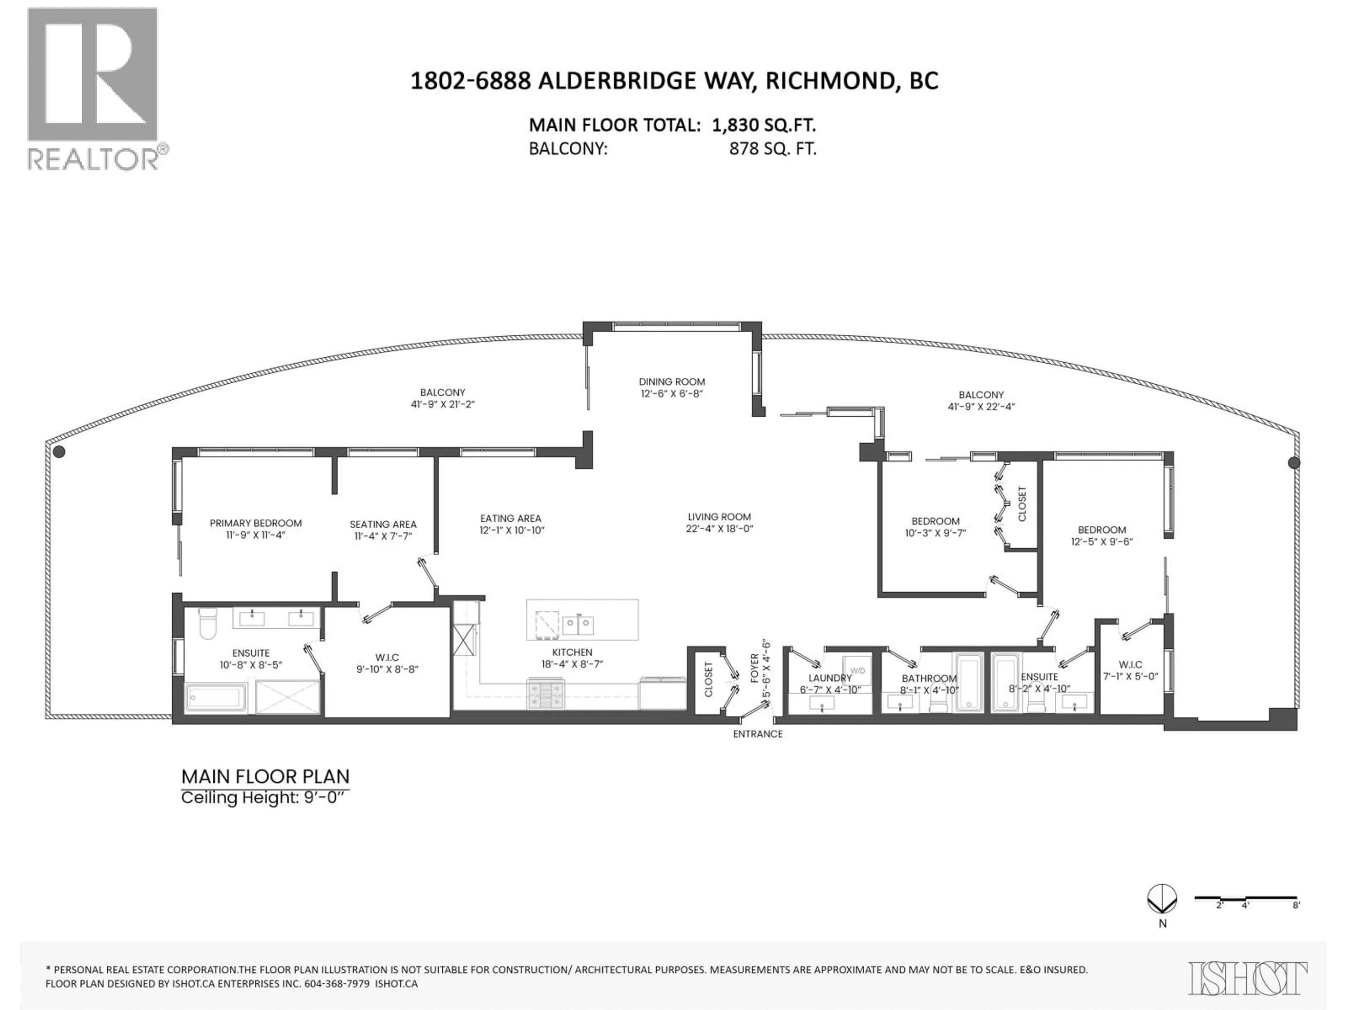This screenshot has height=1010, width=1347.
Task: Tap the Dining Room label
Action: [672, 382]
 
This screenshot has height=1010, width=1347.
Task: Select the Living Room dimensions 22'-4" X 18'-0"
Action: [719, 528]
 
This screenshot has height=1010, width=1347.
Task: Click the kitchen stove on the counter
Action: [545, 694]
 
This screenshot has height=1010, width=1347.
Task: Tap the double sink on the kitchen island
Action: [577, 624]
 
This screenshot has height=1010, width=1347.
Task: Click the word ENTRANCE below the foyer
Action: [758, 734]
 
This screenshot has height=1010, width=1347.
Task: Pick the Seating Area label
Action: [383, 524]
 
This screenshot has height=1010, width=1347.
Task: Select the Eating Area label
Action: [510, 518]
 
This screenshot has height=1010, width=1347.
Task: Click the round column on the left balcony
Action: [59, 452]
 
